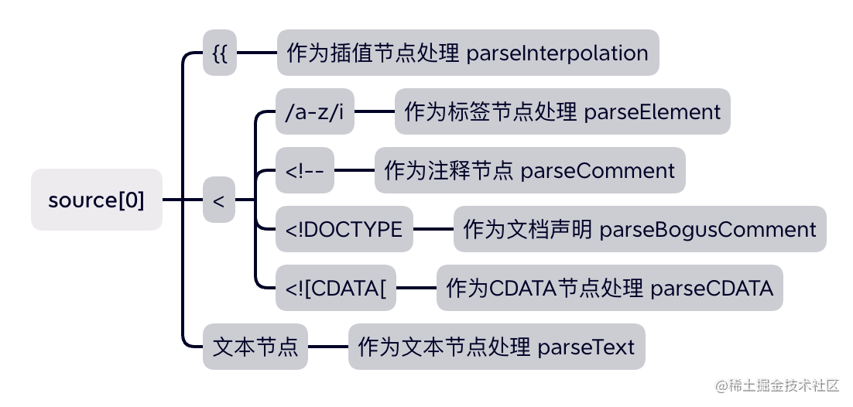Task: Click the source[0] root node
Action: click(x=97, y=200)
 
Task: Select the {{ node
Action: click(x=220, y=53)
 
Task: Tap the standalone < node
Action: click(x=219, y=200)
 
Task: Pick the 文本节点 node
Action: click(x=255, y=347)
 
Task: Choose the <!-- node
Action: click(x=305, y=170)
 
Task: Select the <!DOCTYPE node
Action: click(x=344, y=229)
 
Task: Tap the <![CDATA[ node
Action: click(x=336, y=288)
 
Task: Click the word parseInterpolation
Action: click(x=557, y=53)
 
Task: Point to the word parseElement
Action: click(x=653, y=111)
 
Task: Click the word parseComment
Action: click(x=598, y=170)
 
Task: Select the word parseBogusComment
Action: click(x=707, y=229)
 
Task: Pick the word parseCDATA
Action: click(x=711, y=288)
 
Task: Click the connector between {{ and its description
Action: click(x=256, y=53)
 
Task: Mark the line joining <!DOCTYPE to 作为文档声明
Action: click(x=433, y=229)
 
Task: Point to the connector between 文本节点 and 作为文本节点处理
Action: click(x=327, y=347)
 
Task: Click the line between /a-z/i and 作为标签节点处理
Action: click(x=375, y=111)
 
